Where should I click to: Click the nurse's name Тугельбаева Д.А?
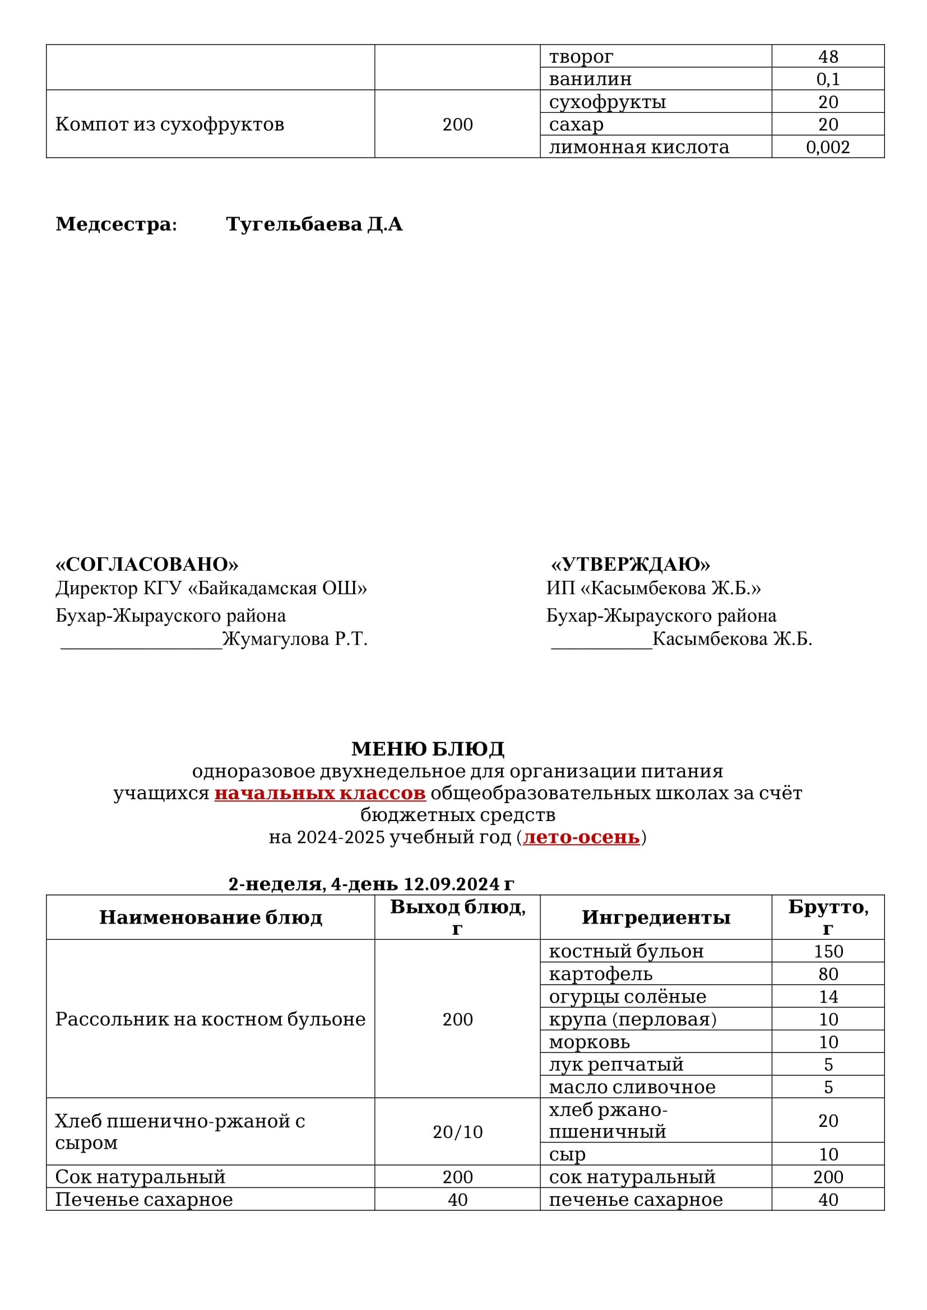tap(314, 224)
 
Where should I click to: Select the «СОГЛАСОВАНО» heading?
tap(147, 565)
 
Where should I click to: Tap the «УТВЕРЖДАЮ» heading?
tap(630, 565)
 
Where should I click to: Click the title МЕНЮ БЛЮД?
tap(428, 748)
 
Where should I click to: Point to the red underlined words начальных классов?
tap(319, 793)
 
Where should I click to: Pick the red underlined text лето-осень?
tap(581, 837)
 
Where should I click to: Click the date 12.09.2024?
tap(451, 884)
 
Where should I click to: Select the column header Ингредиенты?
tap(656, 917)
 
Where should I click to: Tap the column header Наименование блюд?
tap(211, 917)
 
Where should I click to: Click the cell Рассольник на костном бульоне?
tap(210, 1019)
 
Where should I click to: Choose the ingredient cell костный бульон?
tap(626, 951)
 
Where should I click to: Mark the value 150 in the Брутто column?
tap(828, 951)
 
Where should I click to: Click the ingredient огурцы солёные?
tap(627, 996)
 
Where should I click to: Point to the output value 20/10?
tap(457, 1132)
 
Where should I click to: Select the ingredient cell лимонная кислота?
tap(639, 147)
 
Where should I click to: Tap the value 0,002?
tap(828, 147)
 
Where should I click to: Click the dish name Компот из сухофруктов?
tap(169, 124)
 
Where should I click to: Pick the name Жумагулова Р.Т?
tap(295, 638)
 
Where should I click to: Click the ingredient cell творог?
tap(581, 57)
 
